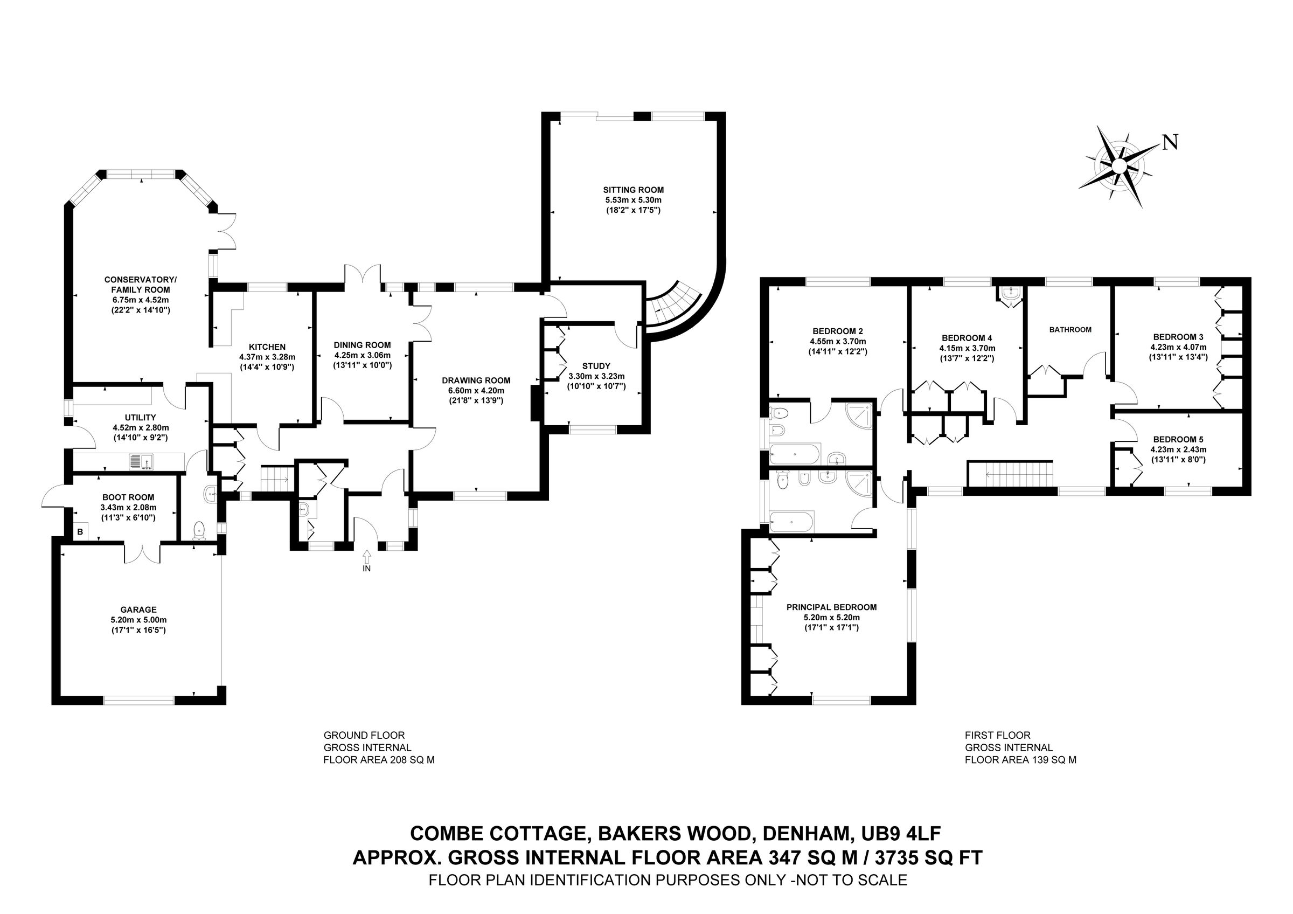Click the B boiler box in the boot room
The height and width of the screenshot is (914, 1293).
[x=80, y=531]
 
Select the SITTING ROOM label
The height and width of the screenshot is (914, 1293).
[x=633, y=190]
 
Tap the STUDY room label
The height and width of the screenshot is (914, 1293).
[x=596, y=366]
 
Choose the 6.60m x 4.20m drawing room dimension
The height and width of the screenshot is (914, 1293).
[x=476, y=390]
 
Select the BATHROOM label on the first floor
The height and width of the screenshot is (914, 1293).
[x=1070, y=329]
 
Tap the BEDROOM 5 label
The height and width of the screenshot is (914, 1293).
[x=1174, y=439]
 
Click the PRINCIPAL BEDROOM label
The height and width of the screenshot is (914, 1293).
[x=831, y=607]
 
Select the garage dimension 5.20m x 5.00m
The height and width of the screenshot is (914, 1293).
[x=138, y=619]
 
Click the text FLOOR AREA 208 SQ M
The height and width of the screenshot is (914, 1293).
[x=378, y=760]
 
